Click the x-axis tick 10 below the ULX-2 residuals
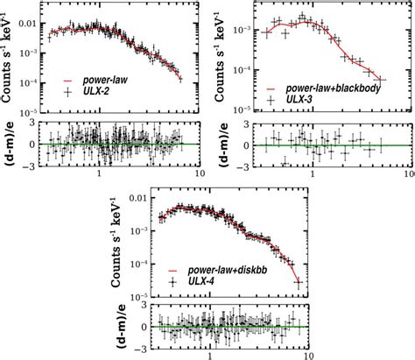click(x=200, y=174)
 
